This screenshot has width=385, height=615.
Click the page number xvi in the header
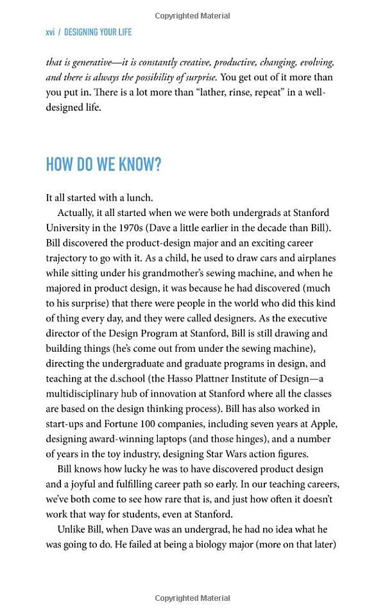[x=50, y=32]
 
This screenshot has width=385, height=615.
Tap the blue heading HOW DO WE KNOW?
[x=103, y=165]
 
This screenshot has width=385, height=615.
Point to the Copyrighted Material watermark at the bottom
[x=193, y=598]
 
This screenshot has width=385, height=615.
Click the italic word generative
[x=85, y=62]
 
